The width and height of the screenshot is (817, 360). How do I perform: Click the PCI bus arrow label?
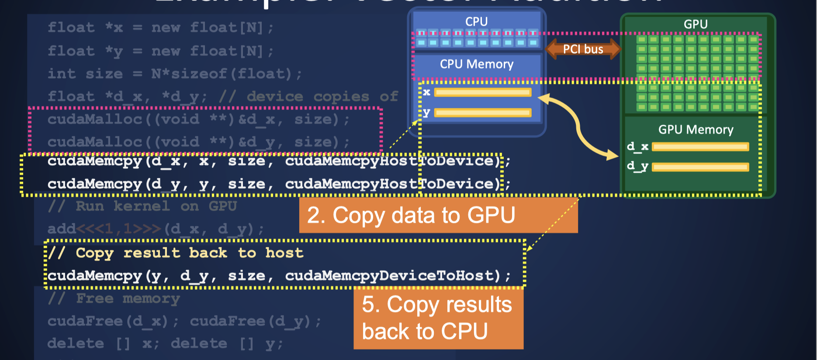tap(583, 49)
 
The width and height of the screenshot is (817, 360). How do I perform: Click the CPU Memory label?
tap(476, 64)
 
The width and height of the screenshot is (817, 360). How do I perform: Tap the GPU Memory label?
tap(696, 130)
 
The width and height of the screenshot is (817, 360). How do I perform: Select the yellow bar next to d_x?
tap(700, 147)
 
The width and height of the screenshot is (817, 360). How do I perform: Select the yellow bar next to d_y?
tap(700, 167)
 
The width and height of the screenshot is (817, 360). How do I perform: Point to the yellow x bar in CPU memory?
tap(483, 92)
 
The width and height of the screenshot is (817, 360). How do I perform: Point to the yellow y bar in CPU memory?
tap(483, 113)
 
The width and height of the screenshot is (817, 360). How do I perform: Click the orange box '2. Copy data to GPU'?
tap(438, 215)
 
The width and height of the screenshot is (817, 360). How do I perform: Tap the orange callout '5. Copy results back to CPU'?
tap(438, 318)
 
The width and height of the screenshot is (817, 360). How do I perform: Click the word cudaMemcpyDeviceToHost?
tap(392, 276)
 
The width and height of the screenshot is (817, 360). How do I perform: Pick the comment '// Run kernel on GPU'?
tap(142, 206)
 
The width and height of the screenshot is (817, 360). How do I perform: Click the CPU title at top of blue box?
tap(476, 22)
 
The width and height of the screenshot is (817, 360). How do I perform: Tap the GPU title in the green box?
tap(696, 24)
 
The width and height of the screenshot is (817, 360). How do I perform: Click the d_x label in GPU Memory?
tap(637, 147)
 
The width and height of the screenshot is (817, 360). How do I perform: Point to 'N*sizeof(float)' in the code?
tap(221, 74)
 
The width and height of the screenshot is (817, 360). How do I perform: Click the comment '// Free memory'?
tap(114, 299)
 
